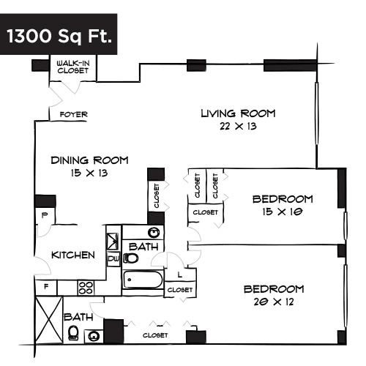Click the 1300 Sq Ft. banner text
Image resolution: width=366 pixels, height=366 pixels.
pyautogui.click(x=60, y=36)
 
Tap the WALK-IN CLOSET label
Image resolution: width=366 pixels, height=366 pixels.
pyautogui.click(x=73, y=68)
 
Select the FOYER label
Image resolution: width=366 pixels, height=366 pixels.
pyautogui.click(x=73, y=115)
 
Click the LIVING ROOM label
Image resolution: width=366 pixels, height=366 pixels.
pyautogui.click(x=238, y=113)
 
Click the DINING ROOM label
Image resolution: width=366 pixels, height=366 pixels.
pyautogui.click(x=89, y=160)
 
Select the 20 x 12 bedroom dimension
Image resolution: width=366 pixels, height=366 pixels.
pyautogui.click(x=283, y=301)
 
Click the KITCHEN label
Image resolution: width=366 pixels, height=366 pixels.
pyautogui.click(x=73, y=255)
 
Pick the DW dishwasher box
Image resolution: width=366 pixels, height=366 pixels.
pyautogui.click(x=113, y=258)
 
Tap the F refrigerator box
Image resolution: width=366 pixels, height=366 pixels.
pyautogui.click(x=46, y=287)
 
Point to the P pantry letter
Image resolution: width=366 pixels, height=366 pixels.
pyautogui.click(x=44, y=215)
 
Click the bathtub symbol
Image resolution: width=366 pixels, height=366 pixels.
pyautogui.click(x=141, y=280)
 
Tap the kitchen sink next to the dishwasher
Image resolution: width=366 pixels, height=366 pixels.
pyautogui.click(x=113, y=241)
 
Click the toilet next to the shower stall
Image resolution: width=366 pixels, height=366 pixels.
pyautogui.click(x=73, y=334)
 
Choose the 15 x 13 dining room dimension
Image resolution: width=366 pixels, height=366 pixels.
pyautogui.click(x=89, y=173)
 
